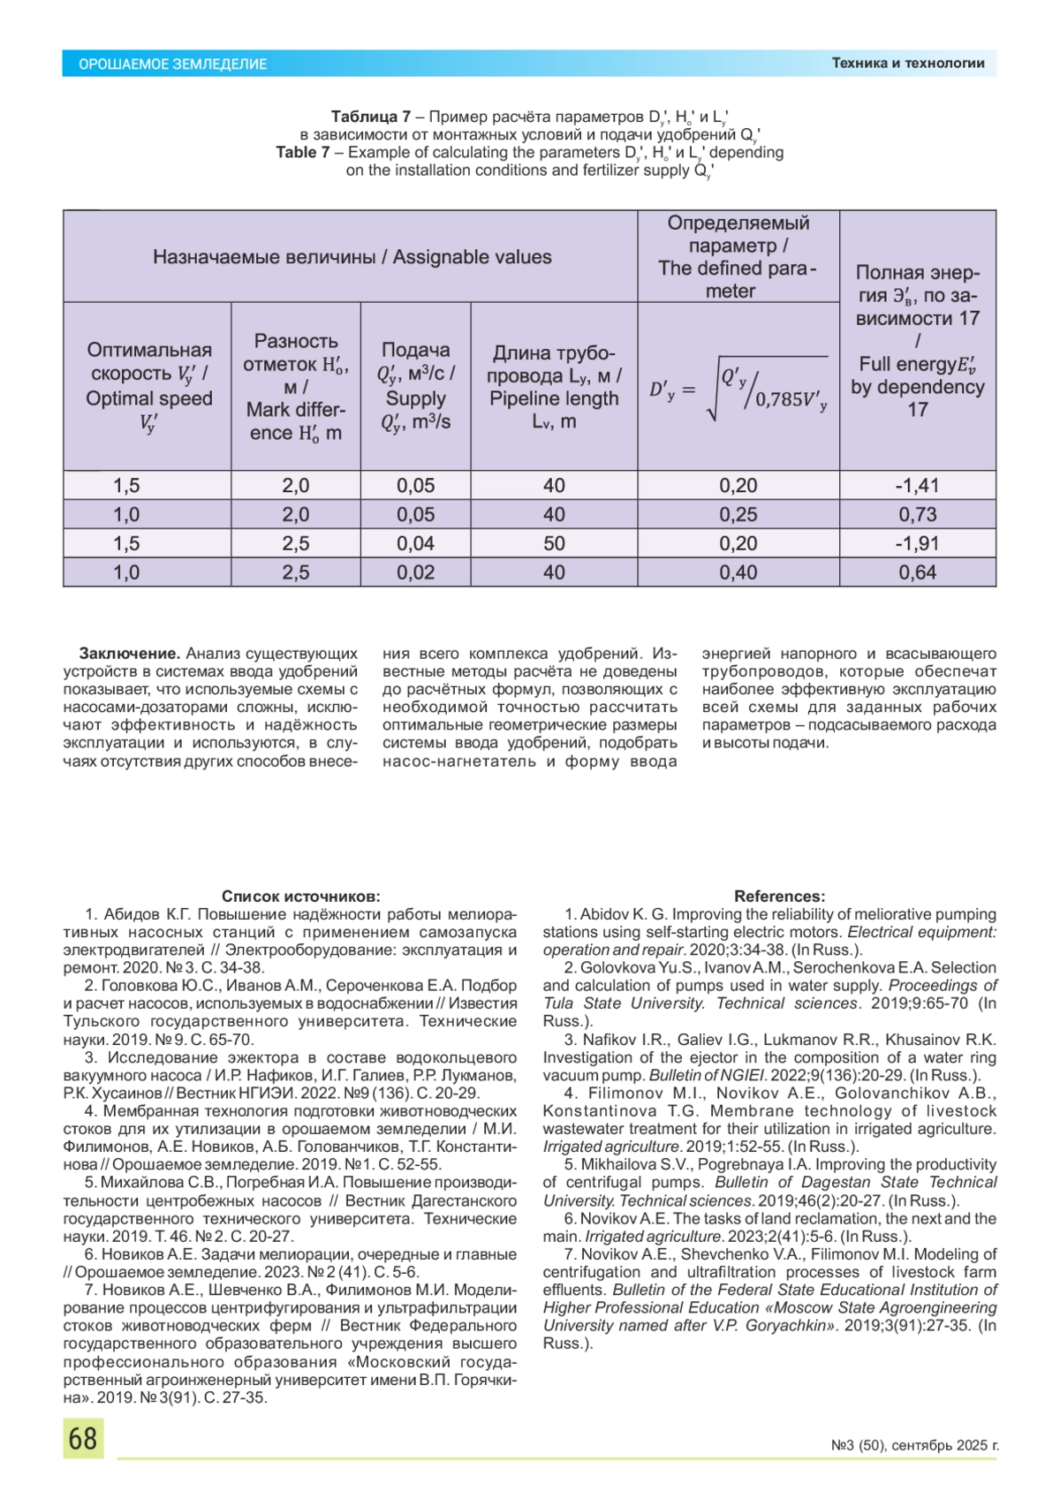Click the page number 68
tap(83, 1438)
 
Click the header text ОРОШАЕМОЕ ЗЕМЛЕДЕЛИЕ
tap(172, 64)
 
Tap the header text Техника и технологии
tap(907, 63)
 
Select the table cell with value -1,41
tap(917, 485)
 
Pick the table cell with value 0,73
tap(917, 514)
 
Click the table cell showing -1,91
tap(917, 543)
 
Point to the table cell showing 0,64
tap(917, 572)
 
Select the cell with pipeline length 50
tap(554, 543)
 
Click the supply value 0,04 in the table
tap(415, 543)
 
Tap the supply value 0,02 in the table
tap(415, 572)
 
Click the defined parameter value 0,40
tap(738, 572)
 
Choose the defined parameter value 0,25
tap(738, 514)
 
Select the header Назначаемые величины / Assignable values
tap(352, 257)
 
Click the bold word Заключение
tap(130, 654)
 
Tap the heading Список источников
tap(300, 896)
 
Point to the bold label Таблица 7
tap(370, 117)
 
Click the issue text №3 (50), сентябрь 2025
tap(914, 1445)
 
